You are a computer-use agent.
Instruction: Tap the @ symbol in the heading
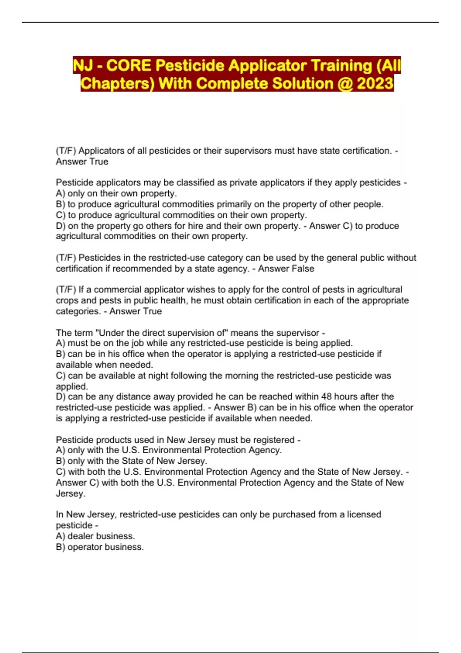coord(345,83)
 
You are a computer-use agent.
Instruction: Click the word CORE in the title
coord(129,65)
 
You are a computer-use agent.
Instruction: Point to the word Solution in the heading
coord(302,83)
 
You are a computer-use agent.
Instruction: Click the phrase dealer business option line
coord(101,536)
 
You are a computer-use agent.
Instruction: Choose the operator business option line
coord(106,547)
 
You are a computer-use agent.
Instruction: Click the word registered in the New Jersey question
coord(272,439)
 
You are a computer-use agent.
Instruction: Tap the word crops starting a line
coord(67,300)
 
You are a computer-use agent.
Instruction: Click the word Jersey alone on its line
coord(70,493)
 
